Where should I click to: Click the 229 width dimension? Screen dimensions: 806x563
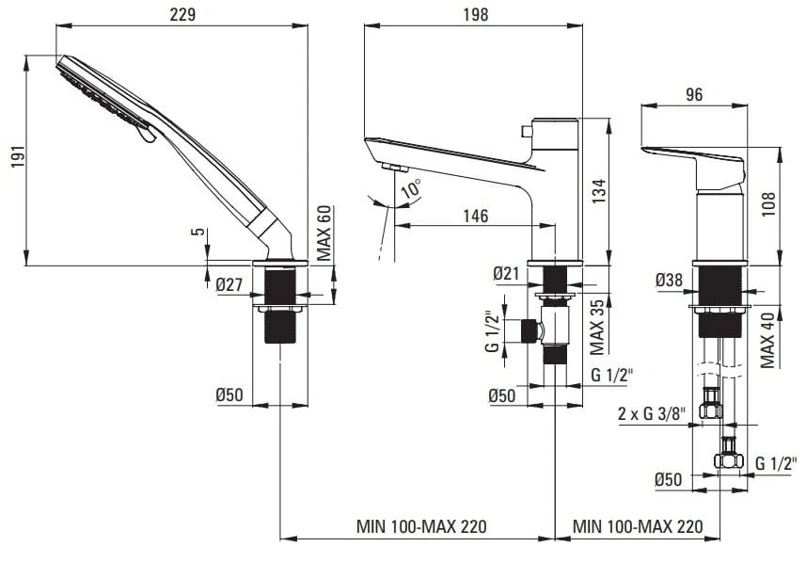(x=182, y=14)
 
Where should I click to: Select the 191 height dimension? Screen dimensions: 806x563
(x=18, y=158)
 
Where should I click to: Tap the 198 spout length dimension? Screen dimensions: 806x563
(x=476, y=14)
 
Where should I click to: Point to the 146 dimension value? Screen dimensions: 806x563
(x=476, y=216)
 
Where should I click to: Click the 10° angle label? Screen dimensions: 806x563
(x=411, y=188)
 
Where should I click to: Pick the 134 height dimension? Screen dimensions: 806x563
(x=599, y=190)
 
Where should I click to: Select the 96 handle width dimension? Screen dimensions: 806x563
(x=694, y=95)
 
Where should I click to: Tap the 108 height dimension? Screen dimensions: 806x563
(x=768, y=203)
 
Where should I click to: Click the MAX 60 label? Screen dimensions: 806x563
(x=324, y=233)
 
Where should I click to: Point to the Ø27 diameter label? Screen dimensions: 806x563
(x=229, y=283)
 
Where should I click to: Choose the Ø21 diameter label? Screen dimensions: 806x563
(x=507, y=273)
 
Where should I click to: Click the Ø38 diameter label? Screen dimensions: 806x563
(x=670, y=280)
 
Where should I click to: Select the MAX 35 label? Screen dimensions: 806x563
(x=597, y=328)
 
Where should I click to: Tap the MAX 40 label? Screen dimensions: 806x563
(x=767, y=340)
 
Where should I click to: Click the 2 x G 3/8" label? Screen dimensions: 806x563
(x=652, y=413)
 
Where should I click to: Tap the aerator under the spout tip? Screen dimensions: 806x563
(x=395, y=168)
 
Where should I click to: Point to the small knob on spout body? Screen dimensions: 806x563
(x=527, y=131)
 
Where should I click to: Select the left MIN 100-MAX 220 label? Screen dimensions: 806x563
(x=421, y=526)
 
